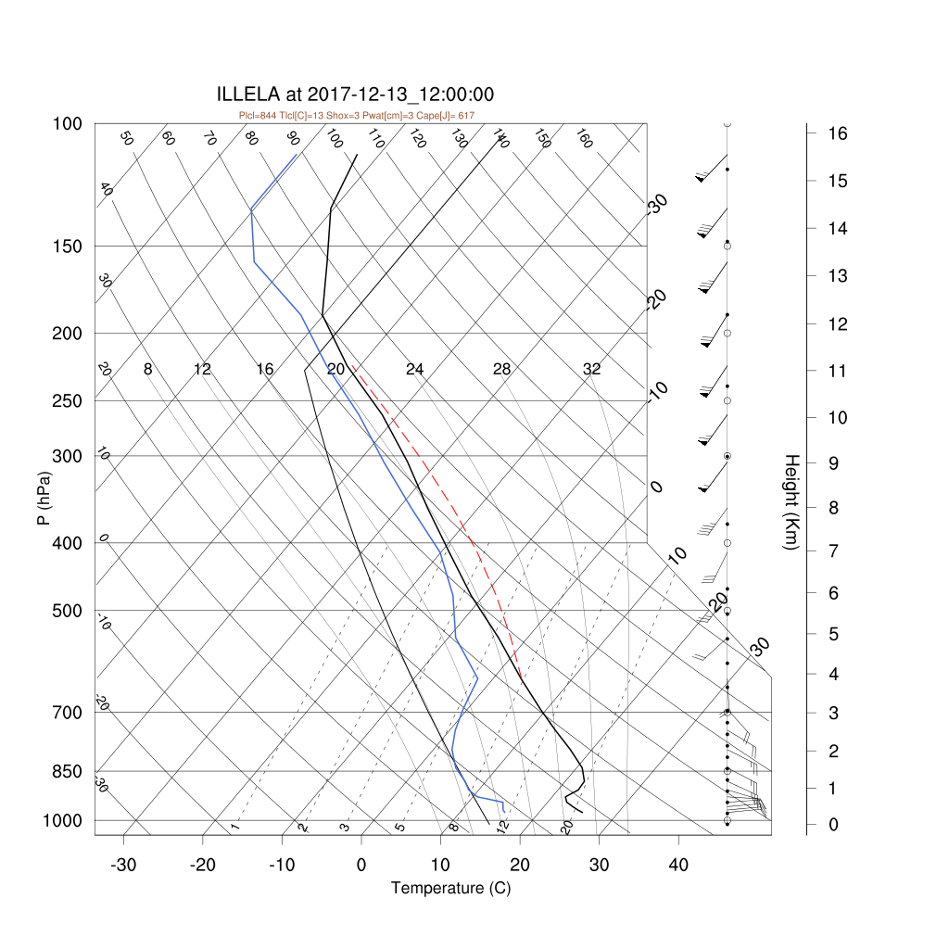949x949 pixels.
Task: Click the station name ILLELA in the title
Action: click(248, 95)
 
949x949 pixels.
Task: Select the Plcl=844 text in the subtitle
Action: click(258, 116)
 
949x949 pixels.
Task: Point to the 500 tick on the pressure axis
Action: click(67, 612)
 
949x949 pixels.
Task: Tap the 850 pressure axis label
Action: click(67, 772)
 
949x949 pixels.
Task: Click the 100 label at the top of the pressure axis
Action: click(67, 124)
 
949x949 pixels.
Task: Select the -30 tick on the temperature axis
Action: click(123, 866)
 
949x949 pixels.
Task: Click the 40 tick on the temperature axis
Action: click(678, 866)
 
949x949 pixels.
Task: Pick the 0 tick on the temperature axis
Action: click(361, 866)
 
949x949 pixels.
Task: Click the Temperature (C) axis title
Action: click(451, 889)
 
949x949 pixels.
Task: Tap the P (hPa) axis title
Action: click(44, 498)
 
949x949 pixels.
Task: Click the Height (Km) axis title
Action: click(791, 501)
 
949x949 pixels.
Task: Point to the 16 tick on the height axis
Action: click(838, 133)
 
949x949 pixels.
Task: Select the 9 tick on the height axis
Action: click(833, 463)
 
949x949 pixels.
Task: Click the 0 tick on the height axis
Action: click(833, 824)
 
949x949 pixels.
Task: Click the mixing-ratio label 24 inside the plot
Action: click(414, 369)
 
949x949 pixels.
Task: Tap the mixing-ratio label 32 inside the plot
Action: click(592, 369)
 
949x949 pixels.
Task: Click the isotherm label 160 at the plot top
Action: click(584, 139)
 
